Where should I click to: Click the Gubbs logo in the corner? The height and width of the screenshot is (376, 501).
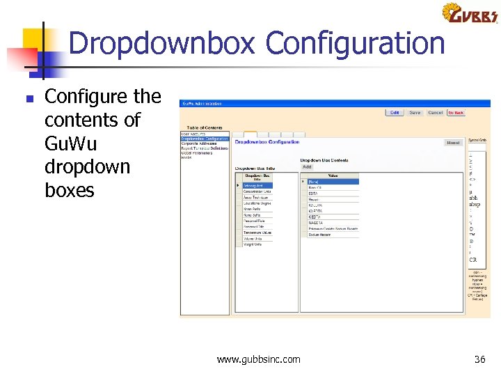pyautogui.click(x=470, y=13)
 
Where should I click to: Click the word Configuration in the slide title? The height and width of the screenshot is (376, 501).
pyautogui.click(x=355, y=43)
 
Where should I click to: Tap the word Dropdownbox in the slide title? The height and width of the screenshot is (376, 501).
pyautogui.click(x=164, y=43)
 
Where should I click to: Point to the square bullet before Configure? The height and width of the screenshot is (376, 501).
pyautogui.click(x=29, y=99)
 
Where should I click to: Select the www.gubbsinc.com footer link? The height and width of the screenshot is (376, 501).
pyautogui.click(x=258, y=359)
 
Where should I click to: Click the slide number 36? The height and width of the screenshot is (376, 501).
pyautogui.click(x=479, y=359)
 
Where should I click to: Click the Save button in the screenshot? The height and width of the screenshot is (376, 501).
pyautogui.click(x=415, y=112)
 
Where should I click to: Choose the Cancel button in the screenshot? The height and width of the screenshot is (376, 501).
pyautogui.click(x=436, y=112)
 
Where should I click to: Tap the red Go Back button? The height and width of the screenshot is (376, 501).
pyautogui.click(x=456, y=112)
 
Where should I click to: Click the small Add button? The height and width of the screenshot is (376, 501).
pyautogui.click(x=307, y=167)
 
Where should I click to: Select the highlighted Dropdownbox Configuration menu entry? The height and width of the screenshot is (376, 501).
pyautogui.click(x=205, y=139)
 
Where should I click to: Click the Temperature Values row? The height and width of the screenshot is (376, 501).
pyautogui.click(x=257, y=233)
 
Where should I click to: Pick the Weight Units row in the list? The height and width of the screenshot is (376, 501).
pyautogui.click(x=253, y=244)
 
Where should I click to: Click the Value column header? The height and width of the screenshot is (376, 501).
pyautogui.click(x=333, y=175)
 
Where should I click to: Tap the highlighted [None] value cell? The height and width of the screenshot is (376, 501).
pyautogui.click(x=333, y=182)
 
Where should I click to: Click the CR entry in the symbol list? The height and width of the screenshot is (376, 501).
pyautogui.click(x=473, y=260)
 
